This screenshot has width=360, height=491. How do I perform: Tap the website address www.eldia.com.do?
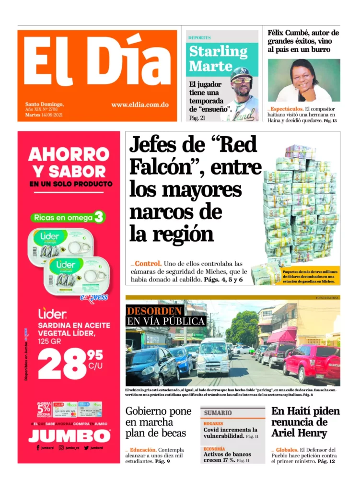tap(139, 105)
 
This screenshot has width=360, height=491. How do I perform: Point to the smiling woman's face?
tap(304, 77)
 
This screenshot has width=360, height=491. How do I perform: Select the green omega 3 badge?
tap(68, 218)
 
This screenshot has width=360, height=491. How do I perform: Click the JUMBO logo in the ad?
tap(69, 435)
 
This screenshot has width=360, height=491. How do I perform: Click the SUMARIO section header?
tap(218, 412)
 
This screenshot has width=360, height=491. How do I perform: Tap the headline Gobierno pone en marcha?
tap(159, 422)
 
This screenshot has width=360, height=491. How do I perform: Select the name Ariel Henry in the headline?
tap(299, 433)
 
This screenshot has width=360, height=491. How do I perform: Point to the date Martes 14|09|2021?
tap(44, 115)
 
